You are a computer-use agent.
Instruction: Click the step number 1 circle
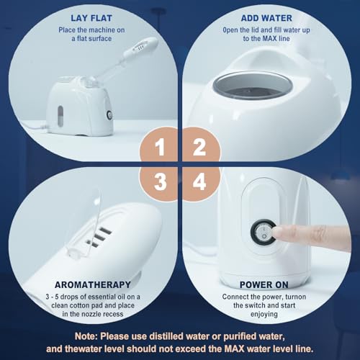(x=161, y=148)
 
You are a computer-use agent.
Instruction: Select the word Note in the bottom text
(x=89, y=335)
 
